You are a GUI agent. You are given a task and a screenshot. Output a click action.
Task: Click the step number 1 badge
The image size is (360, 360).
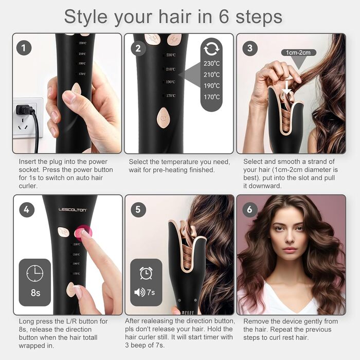point(24,48)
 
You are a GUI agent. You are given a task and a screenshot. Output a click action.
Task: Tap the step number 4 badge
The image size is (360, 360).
point(27,210)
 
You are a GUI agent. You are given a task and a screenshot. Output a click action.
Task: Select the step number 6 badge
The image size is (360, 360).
point(250,209)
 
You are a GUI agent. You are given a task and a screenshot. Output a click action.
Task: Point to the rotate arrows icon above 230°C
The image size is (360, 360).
point(211,48)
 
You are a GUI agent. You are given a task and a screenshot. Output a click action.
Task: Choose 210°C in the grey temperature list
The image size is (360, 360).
point(211,75)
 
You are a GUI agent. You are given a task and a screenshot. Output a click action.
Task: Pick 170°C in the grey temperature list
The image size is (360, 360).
point(211,97)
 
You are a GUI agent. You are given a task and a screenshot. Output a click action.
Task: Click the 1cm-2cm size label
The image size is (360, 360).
point(298,52)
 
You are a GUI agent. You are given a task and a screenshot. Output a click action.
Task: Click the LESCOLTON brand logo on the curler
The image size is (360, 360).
point(73,210)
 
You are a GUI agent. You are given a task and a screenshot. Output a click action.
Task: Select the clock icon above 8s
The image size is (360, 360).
point(34,273)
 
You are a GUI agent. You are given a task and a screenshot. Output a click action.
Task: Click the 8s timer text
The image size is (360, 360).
point(35,293)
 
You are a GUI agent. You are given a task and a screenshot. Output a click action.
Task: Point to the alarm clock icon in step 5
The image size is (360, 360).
point(146,273)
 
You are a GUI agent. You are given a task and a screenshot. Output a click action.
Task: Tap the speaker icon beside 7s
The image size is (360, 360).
point(139,292)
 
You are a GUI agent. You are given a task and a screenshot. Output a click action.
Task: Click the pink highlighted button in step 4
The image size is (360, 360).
point(83,232)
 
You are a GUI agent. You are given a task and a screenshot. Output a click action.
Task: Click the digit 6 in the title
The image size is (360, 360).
point(224,17)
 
